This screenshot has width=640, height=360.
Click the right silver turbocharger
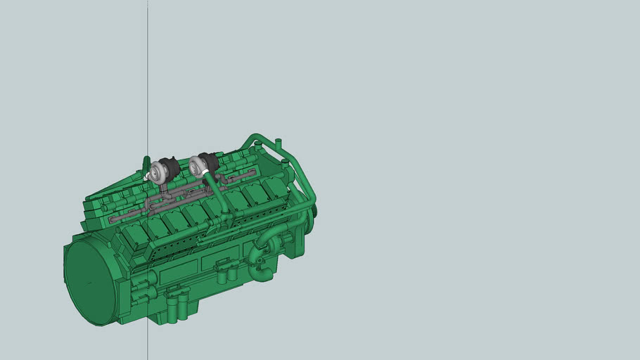pos(198,167)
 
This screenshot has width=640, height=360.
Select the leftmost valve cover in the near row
pos(135,235)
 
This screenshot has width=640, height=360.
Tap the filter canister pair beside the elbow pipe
pos(226,271)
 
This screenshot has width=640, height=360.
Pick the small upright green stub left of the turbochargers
pos(146,163)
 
